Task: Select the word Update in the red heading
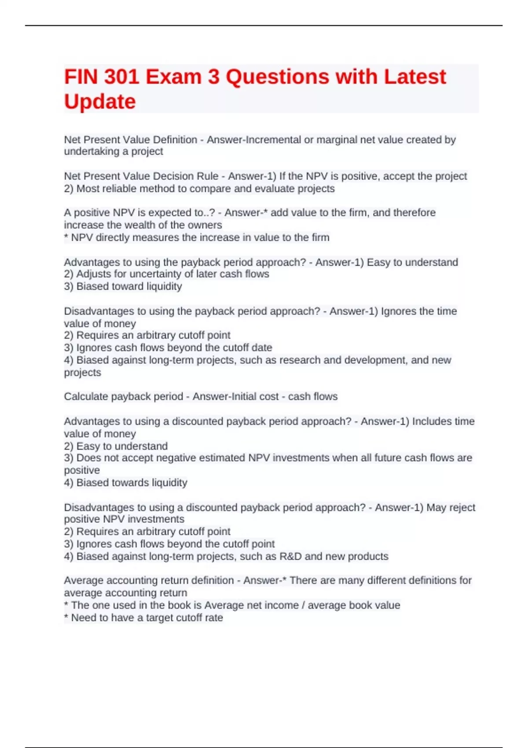[x=100, y=102]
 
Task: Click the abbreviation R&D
[x=290, y=557]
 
